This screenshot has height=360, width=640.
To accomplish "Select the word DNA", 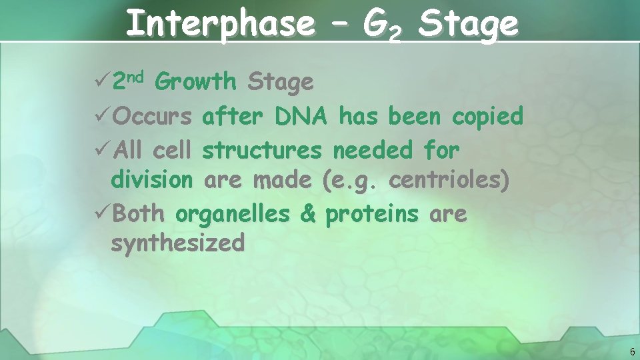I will [299, 117].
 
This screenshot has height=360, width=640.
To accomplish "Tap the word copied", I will [487, 117].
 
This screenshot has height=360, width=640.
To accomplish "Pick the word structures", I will [261, 151].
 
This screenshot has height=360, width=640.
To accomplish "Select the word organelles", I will [233, 214].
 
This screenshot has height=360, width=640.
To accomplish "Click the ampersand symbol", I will [307, 214].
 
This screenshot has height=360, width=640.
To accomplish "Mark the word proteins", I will [372, 214].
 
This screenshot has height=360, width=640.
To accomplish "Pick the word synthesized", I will [178, 243].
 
